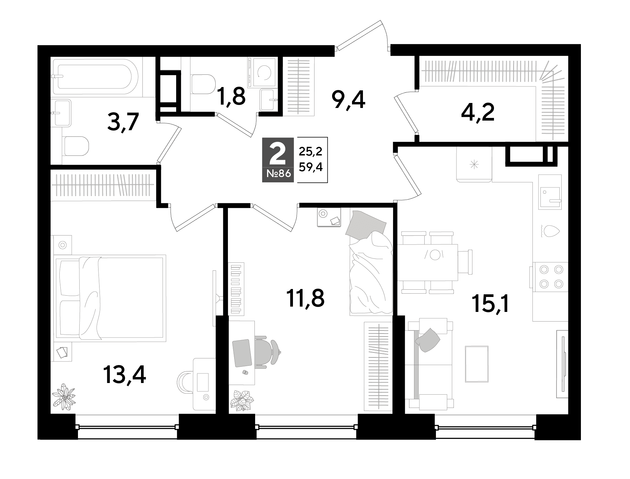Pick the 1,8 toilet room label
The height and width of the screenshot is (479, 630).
(231, 96)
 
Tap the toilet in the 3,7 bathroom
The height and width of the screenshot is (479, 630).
(76, 146)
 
